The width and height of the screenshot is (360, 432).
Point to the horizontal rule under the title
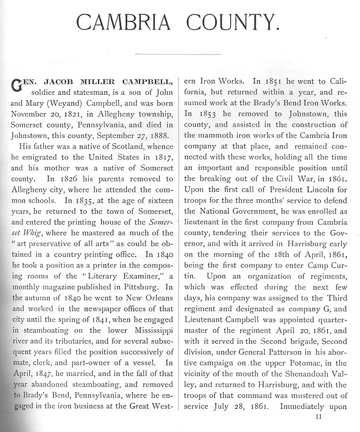178,55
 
